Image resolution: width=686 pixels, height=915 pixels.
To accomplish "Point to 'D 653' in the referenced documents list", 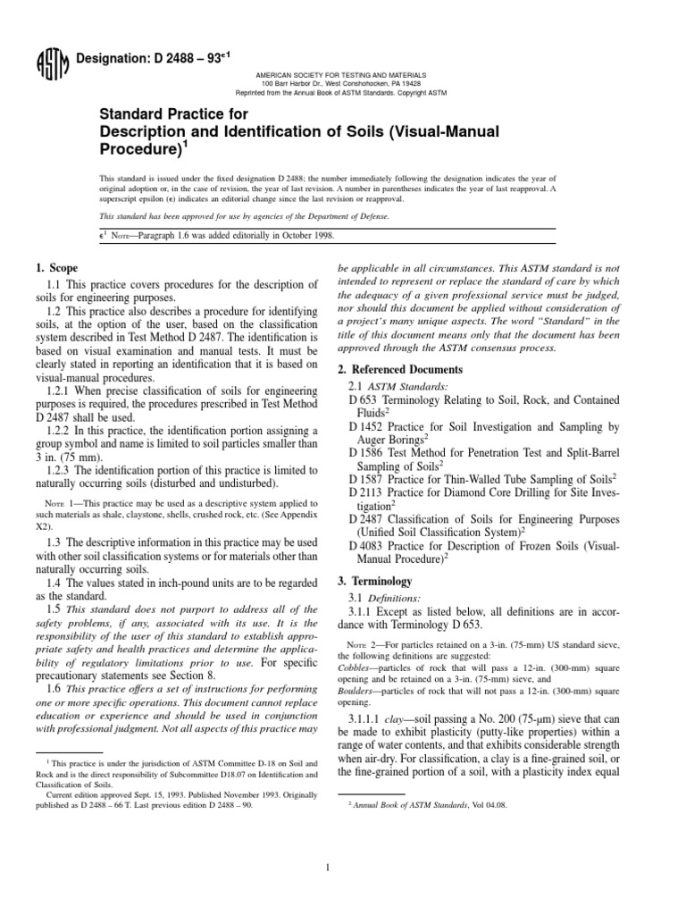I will click(364, 399).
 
